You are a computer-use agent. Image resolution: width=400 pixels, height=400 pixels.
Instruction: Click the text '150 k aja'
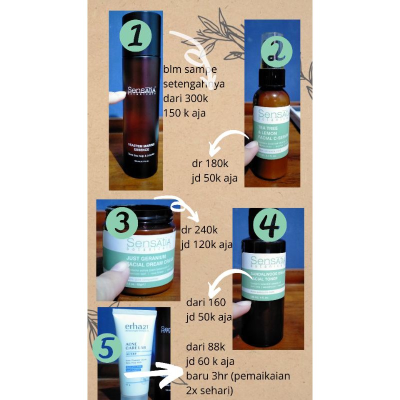(184, 112)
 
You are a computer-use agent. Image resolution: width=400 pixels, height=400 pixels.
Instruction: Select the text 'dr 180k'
(207, 164)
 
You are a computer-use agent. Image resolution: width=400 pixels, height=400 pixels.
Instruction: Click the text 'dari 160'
(205, 302)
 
